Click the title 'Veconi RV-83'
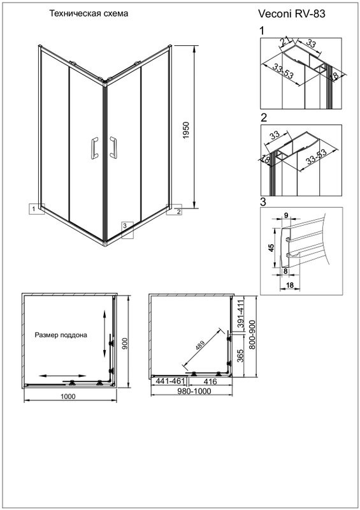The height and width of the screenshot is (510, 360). (x=291, y=13)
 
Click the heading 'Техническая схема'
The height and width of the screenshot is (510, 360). (x=89, y=13)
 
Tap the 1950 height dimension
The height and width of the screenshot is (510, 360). (x=185, y=131)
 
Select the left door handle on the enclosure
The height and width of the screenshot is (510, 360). (x=94, y=148)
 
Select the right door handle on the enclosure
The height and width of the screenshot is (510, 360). (x=113, y=147)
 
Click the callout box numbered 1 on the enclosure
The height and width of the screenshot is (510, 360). (x=37, y=209)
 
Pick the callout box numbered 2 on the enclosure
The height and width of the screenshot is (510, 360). (x=175, y=210)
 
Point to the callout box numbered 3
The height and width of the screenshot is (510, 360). (x=127, y=230)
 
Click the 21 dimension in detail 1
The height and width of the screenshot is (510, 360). (x=285, y=42)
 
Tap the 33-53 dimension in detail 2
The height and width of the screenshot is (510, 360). (x=316, y=157)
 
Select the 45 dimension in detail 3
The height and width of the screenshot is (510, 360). (x=272, y=248)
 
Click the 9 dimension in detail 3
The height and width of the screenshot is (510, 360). (x=286, y=215)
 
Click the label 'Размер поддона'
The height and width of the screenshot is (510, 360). (x=61, y=335)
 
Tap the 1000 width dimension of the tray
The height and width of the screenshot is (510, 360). (x=68, y=396)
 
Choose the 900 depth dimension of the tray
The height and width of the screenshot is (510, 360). (x=125, y=343)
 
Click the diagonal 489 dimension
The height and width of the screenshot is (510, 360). (x=200, y=345)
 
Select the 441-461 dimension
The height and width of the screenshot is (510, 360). (x=170, y=381)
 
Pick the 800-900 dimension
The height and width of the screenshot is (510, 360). (x=252, y=334)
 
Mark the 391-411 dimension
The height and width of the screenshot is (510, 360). (x=240, y=315)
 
